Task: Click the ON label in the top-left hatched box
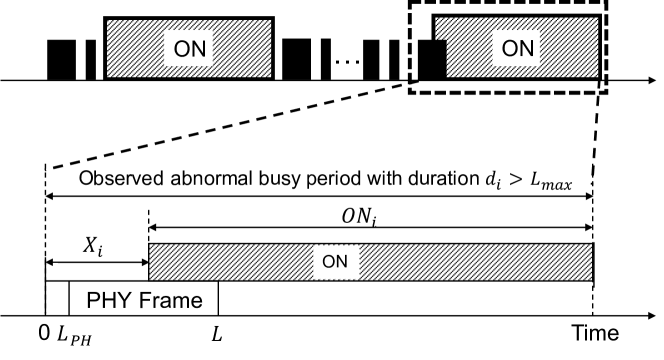(189, 49)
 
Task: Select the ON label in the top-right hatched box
(517, 48)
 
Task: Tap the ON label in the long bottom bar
(335, 262)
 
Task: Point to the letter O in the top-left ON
(182, 49)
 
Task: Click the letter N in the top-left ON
(198, 49)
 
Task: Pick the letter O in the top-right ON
(509, 48)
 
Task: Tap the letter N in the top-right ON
(526, 48)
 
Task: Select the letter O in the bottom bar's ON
(328, 262)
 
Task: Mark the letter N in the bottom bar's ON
(342, 262)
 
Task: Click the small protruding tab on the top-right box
(441, 28)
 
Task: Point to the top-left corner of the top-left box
(108, 21)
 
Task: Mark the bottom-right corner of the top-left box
(270, 76)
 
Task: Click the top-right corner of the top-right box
(597, 18)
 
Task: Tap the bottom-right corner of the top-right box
(597, 76)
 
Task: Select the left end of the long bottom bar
(151, 262)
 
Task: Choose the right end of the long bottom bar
(590, 262)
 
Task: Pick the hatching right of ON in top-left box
(242, 49)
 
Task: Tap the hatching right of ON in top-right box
(569, 48)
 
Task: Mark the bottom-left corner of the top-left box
(108, 76)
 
